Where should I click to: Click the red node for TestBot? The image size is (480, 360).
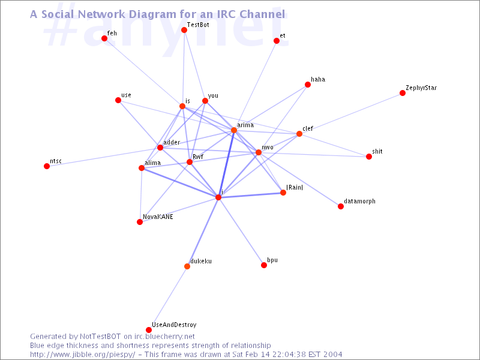pos(184,29)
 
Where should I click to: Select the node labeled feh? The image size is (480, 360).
pos(104,38)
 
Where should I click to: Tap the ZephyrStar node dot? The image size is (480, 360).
pos(403,93)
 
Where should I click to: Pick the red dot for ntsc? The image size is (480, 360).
pos(47,166)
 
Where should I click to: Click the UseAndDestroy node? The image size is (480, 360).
pos(149,329)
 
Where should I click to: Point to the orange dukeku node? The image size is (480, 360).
pos(187,266)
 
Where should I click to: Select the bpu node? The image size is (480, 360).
pos(264,265)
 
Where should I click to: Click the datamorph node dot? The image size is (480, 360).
pos(341,206)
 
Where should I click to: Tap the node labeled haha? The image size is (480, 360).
pos(308,85)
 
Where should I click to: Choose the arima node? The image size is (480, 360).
pos(234,130)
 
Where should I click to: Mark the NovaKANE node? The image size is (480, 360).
pos(140,222)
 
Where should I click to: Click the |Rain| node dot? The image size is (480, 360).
pos(283,193)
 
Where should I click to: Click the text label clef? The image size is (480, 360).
pos(308,128)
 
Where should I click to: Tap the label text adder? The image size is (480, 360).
pos(172,142)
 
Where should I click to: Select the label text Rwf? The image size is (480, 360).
pos(198,157)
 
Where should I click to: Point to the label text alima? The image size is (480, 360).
pos(153,163)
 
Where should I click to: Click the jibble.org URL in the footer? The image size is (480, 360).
pos(82,355)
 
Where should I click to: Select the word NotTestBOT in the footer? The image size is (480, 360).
pos(100,337)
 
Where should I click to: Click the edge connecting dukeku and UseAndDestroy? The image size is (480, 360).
pos(168,298)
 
